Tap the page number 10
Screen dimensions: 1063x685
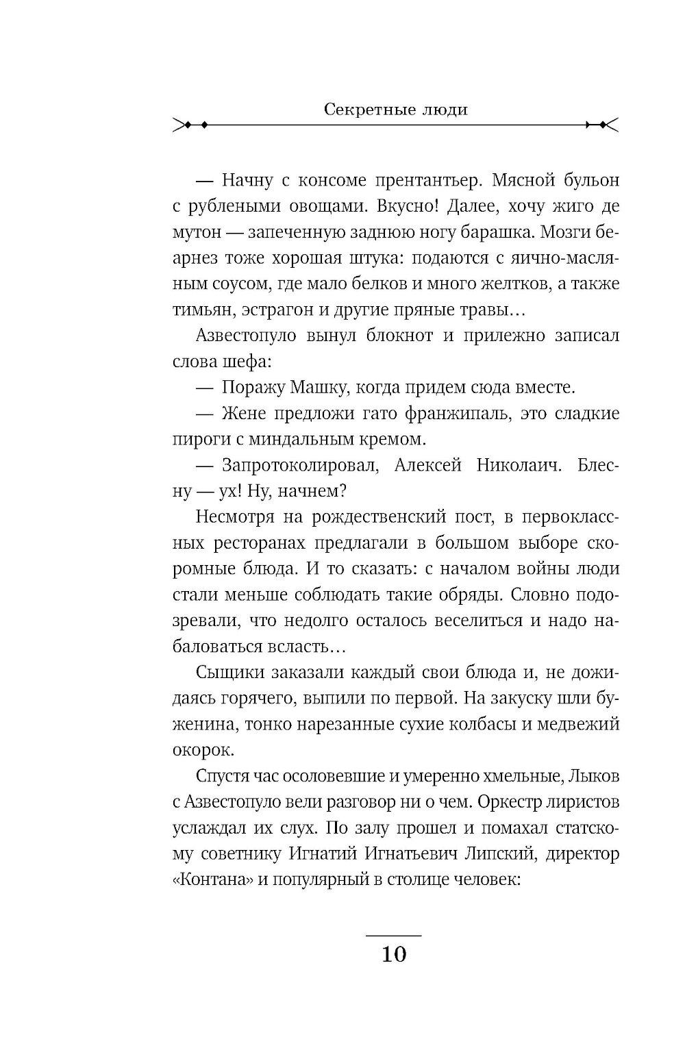pos(394,953)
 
